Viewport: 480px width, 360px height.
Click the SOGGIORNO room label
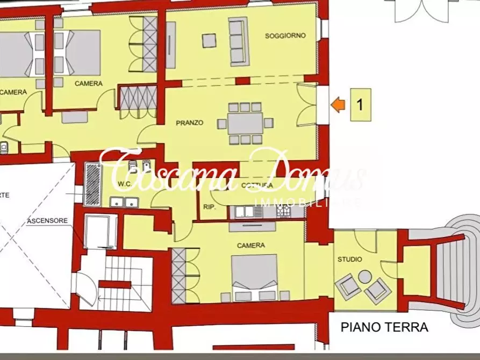pyautogui.click(x=285, y=36)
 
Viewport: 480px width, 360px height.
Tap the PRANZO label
pyautogui.click(x=190, y=123)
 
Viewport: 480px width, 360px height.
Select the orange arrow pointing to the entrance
pyautogui.click(x=338, y=104)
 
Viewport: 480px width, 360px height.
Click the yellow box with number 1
pyautogui.click(x=360, y=104)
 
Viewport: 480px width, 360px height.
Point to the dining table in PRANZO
pyautogui.click(x=245, y=124)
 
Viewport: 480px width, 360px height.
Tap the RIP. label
pyautogui.click(x=210, y=207)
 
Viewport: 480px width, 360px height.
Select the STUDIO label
pyautogui.click(x=349, y=260)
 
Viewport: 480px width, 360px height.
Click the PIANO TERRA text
pyautogui.click(x=385, y=327)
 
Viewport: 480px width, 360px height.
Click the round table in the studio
pyautogui.click(x=365, y=277)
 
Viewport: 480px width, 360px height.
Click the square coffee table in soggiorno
pyautogui.click(x=209, y=40)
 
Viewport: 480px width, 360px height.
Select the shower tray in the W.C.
pyautogui.click(x=93, y=183)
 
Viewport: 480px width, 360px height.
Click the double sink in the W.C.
pyautogui.click(x=124, y=202)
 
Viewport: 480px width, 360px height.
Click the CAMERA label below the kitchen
pyautogui.click(x=251, y=246)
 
